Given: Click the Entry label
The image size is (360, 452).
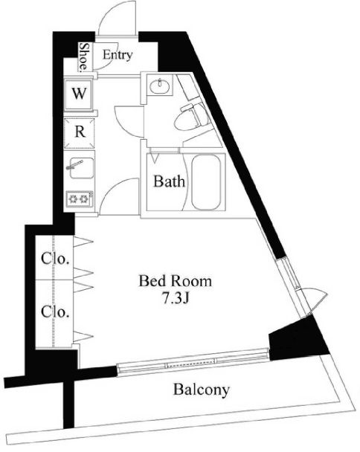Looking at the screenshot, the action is click(x=118, y=54).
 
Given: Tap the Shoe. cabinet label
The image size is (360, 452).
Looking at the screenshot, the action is click(x=84, y=56).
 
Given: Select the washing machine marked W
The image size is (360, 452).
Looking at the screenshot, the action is click(x=79, y=94).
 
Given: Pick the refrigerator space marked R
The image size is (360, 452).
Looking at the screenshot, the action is click(x=80, y=132).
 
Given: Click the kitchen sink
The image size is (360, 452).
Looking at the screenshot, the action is click(x=81, y=168).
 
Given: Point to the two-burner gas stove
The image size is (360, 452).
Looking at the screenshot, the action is click(x=80, y=199).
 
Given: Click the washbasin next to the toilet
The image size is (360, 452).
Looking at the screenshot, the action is click(x=159, y=85).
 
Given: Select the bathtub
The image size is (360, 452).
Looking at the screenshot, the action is click(x=206, y=182).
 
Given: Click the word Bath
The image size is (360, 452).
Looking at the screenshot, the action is click(x=169, y=182).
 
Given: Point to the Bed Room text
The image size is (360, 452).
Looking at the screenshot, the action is click(x=175, y=281).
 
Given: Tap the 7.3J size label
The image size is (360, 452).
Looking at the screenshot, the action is click(x=176, y=299).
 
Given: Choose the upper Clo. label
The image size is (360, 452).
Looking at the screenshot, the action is click(x=55, y=259).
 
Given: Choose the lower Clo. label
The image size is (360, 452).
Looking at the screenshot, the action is click(x=55, y=311).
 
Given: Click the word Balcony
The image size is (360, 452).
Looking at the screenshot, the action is click(x=202, y=390).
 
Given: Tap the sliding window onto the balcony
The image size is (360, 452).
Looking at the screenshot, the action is click(x=193, y=361).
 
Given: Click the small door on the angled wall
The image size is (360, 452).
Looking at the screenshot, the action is click(x=316, y=301).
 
